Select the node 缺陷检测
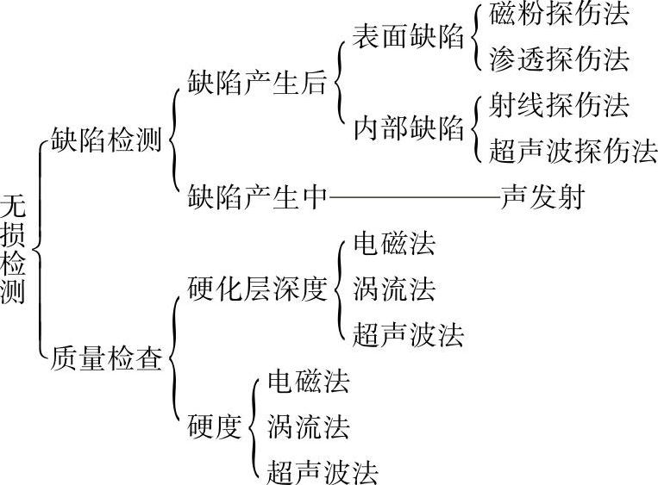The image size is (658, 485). tap(107, 140)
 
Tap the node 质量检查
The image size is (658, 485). tap(107, 357)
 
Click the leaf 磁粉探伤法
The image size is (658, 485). tap(559, 15)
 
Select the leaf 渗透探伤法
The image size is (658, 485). tap(559, 59)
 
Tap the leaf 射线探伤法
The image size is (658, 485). tap(559, 106)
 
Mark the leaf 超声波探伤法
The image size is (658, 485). tap(573, 152)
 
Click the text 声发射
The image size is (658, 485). tap(542, 198)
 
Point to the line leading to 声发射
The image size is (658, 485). tap(414, 198)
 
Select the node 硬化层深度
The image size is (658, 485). tap(258, 289)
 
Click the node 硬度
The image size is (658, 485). tap(213, 426)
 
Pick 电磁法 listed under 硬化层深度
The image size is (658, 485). tap(394, 244)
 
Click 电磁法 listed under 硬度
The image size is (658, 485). tap(309, 380)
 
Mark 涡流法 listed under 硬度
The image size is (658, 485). tap(309, 426)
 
